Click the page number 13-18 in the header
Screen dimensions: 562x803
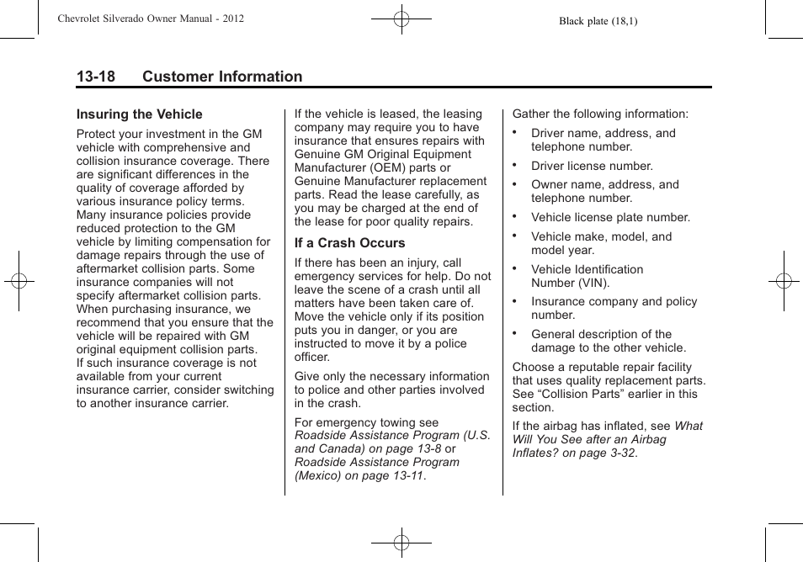click(96, 77)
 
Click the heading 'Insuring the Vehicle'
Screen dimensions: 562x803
click(140, 114)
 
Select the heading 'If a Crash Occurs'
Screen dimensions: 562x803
click(349, 243)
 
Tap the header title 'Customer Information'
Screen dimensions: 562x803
click(222, 77)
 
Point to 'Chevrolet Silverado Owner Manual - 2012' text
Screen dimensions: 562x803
click(151, 18)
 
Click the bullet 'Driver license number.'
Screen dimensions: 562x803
click(592, 167)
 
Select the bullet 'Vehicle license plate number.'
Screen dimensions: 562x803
click(610, 217)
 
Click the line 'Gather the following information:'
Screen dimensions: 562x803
click(600, 114)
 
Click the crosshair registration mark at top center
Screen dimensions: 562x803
click(401, 18)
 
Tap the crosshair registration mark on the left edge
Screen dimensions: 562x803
click(19, 281)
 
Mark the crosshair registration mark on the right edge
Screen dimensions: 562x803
click(784, 281)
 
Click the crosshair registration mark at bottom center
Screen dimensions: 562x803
click(401, 543)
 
